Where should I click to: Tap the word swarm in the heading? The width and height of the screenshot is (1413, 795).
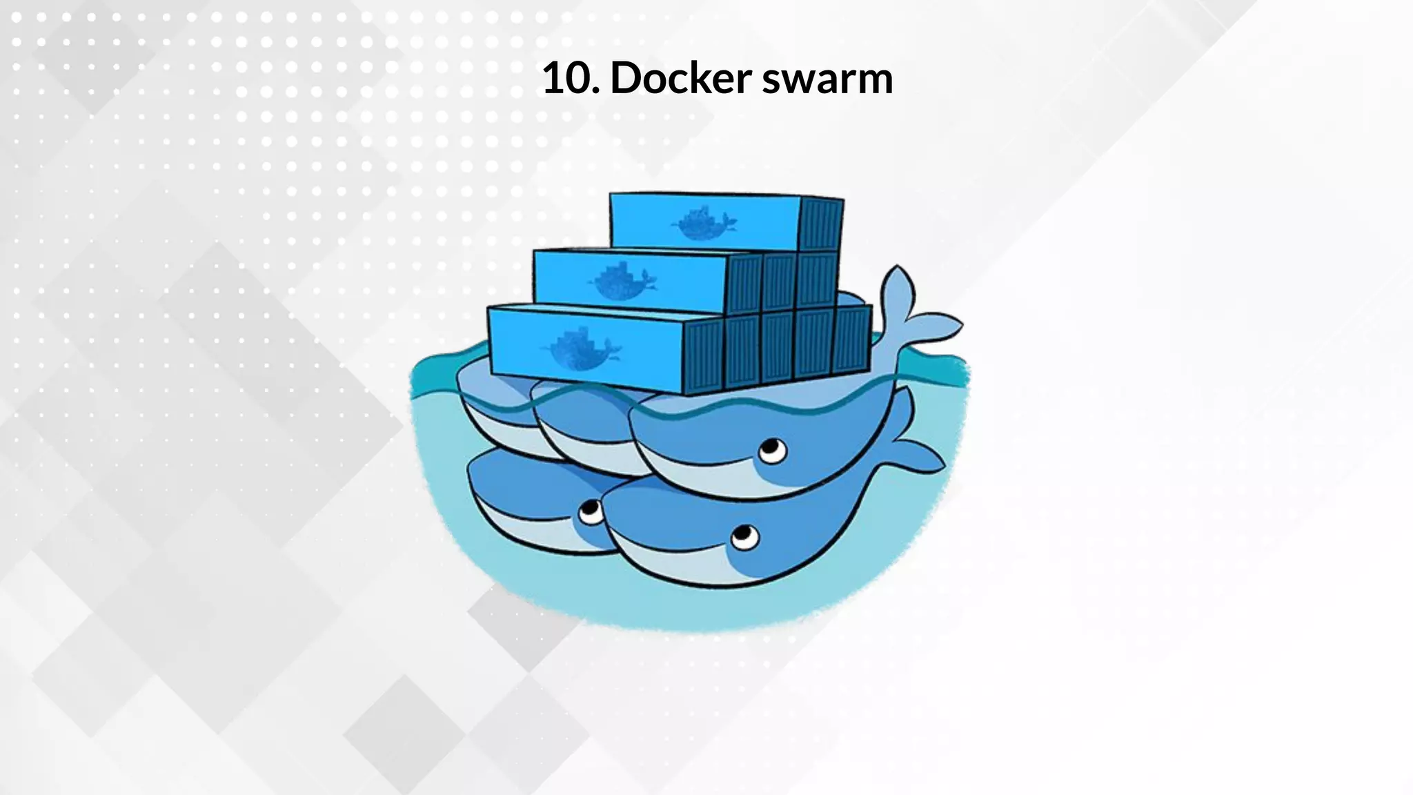827,79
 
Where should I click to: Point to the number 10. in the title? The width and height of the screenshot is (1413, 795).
571,77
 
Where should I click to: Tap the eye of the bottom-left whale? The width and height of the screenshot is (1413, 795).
590,511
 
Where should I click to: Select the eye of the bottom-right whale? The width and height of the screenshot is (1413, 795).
743,536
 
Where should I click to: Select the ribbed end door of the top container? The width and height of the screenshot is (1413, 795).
821,225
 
